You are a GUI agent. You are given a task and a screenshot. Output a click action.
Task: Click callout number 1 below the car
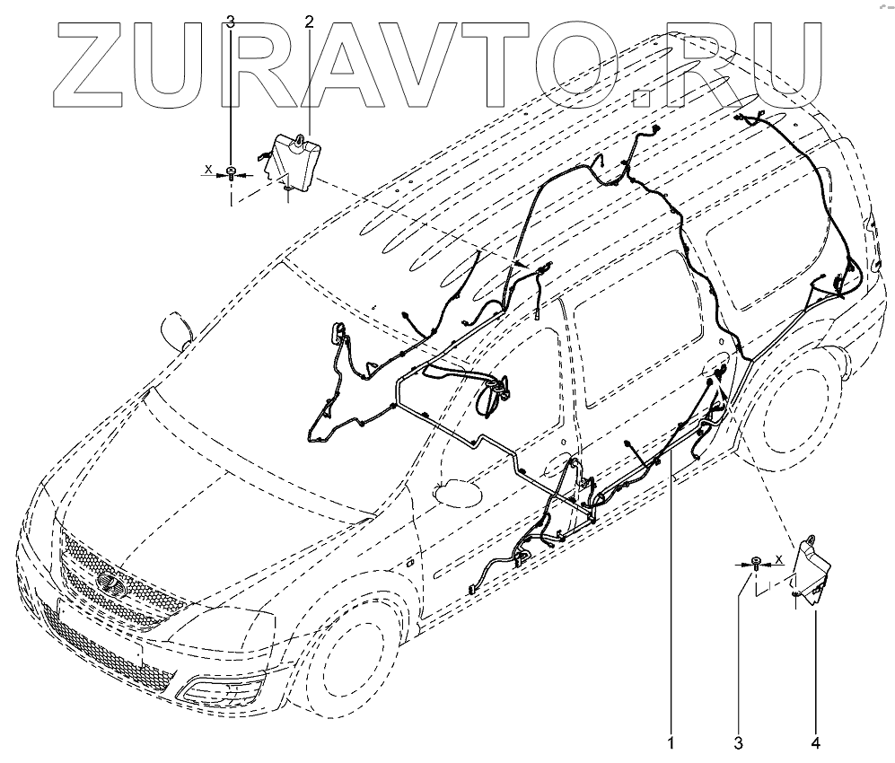coord(670,743)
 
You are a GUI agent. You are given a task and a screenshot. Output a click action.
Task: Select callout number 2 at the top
coord(310,22)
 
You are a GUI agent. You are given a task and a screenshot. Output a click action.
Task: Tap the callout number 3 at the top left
coord(231,22)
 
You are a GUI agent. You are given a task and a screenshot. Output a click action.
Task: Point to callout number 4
coord(815,743)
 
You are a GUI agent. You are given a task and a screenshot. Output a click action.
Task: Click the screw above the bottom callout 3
coord(759,564)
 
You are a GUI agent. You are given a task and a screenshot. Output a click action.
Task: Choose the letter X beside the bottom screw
coord(779,559)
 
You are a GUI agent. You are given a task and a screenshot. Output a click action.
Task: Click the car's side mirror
coord(177,329)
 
